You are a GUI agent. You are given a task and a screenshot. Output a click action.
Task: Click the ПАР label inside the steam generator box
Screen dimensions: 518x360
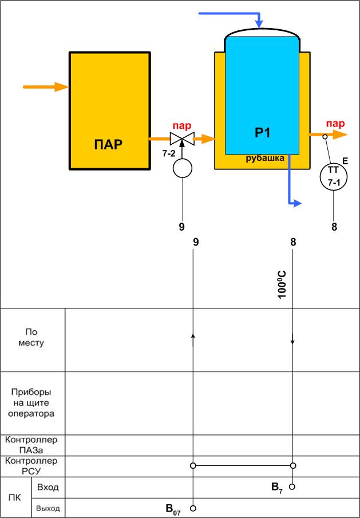pos(108,144)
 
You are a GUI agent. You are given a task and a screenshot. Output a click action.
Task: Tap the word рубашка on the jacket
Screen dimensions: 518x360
pos(265,159)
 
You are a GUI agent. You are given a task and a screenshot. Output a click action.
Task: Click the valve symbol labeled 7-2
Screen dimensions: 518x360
pos(182,138)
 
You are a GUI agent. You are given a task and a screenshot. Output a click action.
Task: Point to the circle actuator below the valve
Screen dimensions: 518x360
pos(182,168)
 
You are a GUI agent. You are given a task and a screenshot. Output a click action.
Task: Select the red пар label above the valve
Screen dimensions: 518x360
pos(182,125)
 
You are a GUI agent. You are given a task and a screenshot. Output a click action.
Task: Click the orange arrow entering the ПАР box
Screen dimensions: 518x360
pos(46,87)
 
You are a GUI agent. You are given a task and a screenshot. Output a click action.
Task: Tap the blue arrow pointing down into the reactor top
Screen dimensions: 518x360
pos(259,23)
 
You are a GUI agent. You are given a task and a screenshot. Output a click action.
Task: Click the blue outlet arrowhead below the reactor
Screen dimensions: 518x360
pos(296,203)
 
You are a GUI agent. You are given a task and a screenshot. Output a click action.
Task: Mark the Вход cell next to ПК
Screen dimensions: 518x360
pos(48,487)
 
